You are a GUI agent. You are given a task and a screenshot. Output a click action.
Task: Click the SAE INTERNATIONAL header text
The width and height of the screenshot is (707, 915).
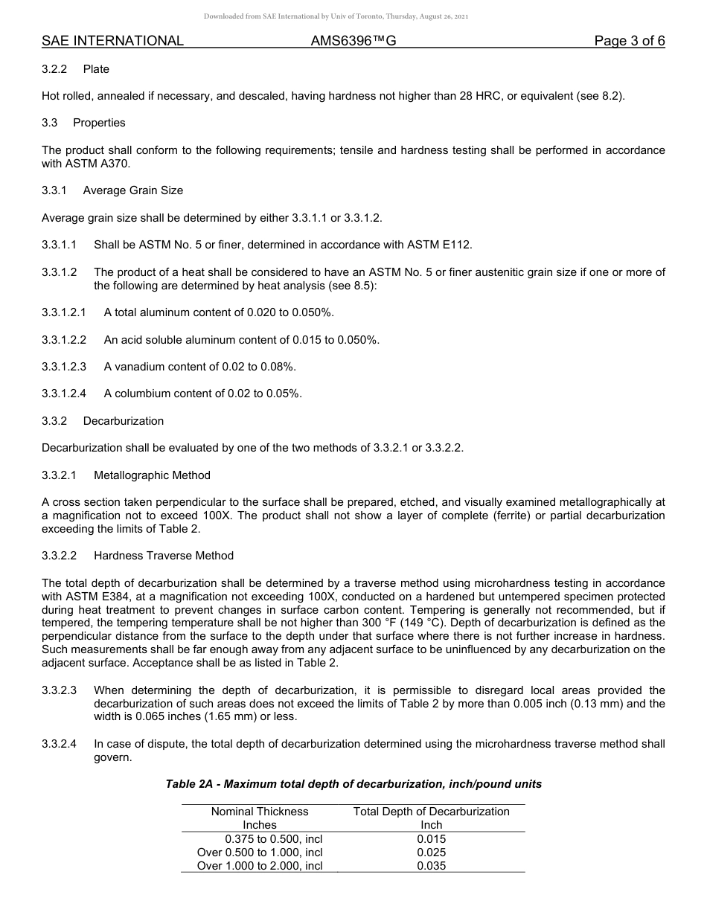tap(112, 41)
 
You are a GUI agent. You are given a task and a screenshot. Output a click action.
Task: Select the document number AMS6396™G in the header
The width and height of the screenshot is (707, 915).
tap(353, 41)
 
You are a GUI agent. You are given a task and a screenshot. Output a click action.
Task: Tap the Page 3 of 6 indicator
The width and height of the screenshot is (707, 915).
tap(629, 41)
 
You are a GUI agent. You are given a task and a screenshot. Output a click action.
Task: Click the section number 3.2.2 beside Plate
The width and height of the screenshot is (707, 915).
tap(54, 69)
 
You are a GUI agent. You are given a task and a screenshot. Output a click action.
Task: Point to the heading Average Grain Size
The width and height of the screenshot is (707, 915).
tap(132, 190)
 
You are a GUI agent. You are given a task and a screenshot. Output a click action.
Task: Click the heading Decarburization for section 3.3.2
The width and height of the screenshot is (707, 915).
tap(123, 421)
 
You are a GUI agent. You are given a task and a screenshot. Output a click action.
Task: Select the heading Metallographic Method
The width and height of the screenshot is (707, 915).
tap(152, 475)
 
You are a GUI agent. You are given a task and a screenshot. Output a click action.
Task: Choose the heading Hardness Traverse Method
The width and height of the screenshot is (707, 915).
tap(163, 556)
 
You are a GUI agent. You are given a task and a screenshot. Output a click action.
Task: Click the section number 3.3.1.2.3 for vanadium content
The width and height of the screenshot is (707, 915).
tap(64, 367)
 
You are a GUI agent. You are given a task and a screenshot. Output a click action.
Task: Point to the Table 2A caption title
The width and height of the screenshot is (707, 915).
tap(353, 784)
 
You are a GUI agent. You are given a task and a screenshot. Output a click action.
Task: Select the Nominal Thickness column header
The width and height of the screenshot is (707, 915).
tap(260, 812)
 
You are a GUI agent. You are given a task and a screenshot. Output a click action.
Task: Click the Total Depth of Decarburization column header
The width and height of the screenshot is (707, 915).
tap(431, 812)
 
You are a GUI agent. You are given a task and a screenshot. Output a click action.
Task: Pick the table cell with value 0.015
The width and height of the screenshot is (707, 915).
tap(431, 839)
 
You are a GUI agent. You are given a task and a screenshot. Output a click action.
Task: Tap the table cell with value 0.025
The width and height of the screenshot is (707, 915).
tap(431, 853)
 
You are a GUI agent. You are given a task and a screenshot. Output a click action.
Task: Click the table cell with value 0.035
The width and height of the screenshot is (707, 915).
tap(431, 866)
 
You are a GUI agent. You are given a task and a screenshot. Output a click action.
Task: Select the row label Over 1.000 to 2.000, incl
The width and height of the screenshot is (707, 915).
tap(260, 866)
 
